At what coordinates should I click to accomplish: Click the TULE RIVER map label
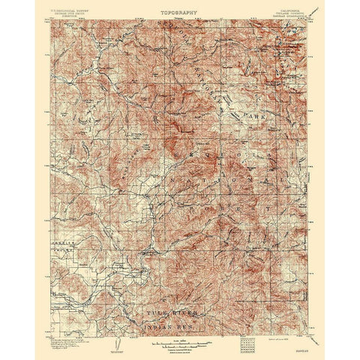[x=174, y=295]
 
